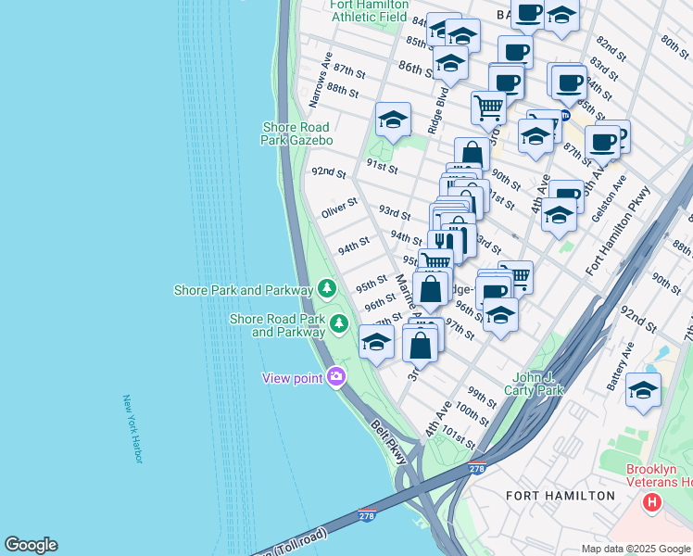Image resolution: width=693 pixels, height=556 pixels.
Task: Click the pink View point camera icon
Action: (x=335, y=377)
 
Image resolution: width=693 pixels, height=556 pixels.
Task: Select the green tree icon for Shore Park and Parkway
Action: (x=326, y=290)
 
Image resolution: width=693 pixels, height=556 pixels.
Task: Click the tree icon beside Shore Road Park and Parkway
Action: (x=340, y=323)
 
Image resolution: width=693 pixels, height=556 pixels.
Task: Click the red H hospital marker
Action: (x=652, y=503)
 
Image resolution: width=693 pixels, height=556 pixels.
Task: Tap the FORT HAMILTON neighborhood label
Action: (x=560, y=496)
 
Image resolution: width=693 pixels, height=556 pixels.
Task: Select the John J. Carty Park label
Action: (x=539, y=384)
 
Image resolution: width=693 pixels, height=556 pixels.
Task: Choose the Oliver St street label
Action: (x=339, y=208)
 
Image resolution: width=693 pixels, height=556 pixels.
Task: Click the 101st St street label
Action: (x=460, y=434)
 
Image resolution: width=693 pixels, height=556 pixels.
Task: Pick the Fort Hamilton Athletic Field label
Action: (x=370, y=10)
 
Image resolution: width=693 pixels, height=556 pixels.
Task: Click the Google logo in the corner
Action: (x=31, y=545)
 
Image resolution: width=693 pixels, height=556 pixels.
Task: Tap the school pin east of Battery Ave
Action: (x=643, y=389)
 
